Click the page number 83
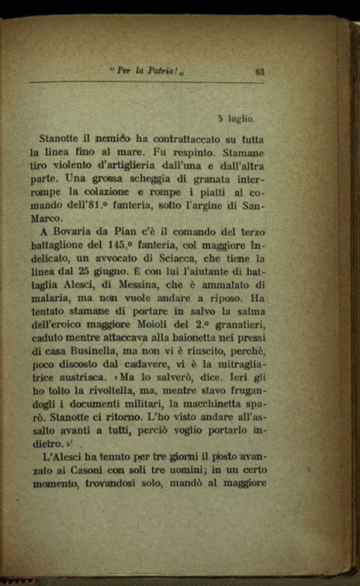tap(261, 72)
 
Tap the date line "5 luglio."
tap(236, 118)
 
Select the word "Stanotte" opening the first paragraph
tap(59, 138)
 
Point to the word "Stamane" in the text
tap(245, 152)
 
